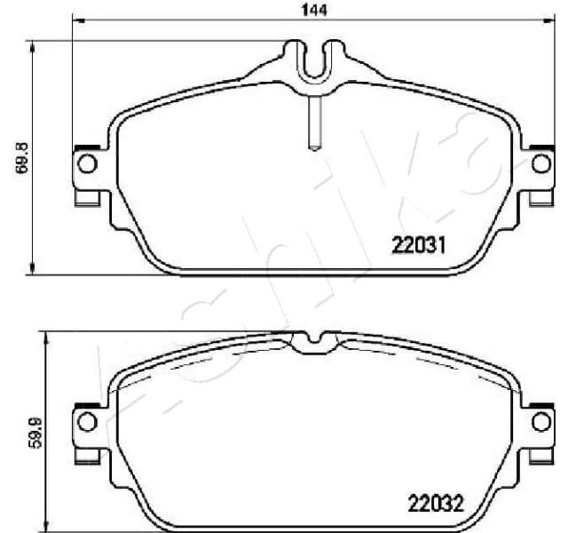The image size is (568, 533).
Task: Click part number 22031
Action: [x=417, y=243]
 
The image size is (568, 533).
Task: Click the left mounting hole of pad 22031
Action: [x=86, y=163]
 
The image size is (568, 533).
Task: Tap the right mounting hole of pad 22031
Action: [x=540, y=163]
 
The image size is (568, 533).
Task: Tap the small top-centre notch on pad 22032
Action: [x=311, y=338]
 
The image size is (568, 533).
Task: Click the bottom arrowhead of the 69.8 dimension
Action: [x=34, y=271]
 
